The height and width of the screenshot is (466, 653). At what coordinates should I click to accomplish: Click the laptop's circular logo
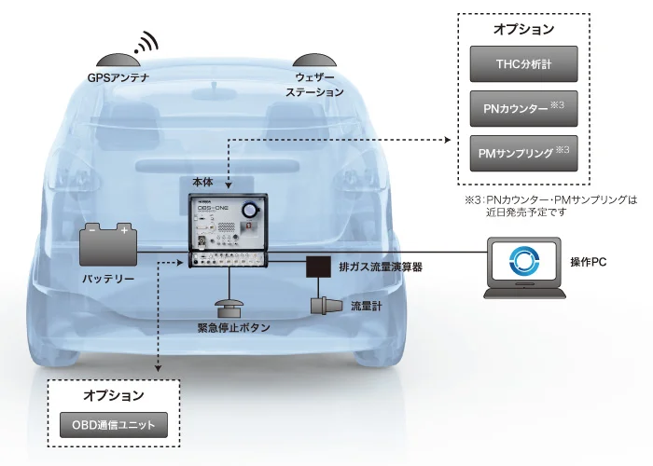click(522, 261)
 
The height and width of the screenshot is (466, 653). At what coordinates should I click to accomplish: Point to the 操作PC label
click(589, 262)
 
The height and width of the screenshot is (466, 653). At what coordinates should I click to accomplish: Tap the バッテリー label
click(107, 279)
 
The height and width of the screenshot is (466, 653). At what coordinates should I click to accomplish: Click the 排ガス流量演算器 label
click(381, 267)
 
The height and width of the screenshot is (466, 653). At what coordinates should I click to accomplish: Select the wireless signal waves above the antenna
click(146, 41)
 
